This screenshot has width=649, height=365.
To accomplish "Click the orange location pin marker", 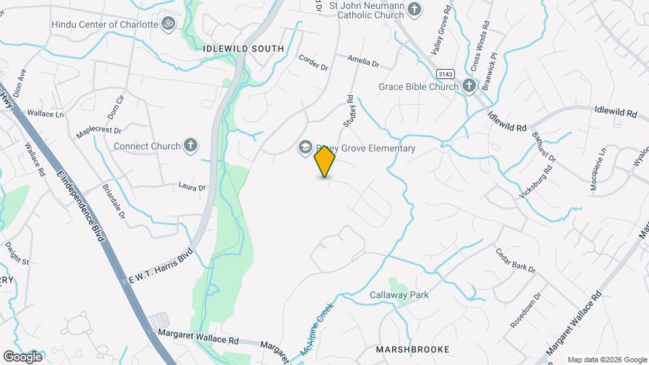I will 325,162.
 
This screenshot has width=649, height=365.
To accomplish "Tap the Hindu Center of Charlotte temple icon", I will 168,24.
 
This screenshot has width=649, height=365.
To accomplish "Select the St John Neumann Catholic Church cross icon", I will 414,9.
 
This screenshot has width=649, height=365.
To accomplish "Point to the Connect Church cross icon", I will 191,145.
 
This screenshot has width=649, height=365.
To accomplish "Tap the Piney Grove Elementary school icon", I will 305,147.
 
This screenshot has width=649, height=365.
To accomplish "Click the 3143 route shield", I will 444,74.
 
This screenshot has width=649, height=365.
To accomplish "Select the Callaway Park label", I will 399,295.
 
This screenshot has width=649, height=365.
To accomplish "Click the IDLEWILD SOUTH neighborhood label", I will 234,49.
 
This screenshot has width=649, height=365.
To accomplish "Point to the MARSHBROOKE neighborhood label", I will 412,349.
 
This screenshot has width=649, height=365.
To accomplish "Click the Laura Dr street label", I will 191,185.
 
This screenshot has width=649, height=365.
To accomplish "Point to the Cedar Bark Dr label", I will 515,260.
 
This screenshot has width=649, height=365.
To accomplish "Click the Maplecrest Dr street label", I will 98,126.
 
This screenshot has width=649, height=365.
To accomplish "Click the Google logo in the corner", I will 22,356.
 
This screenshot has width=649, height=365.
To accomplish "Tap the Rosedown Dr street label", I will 526,309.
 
